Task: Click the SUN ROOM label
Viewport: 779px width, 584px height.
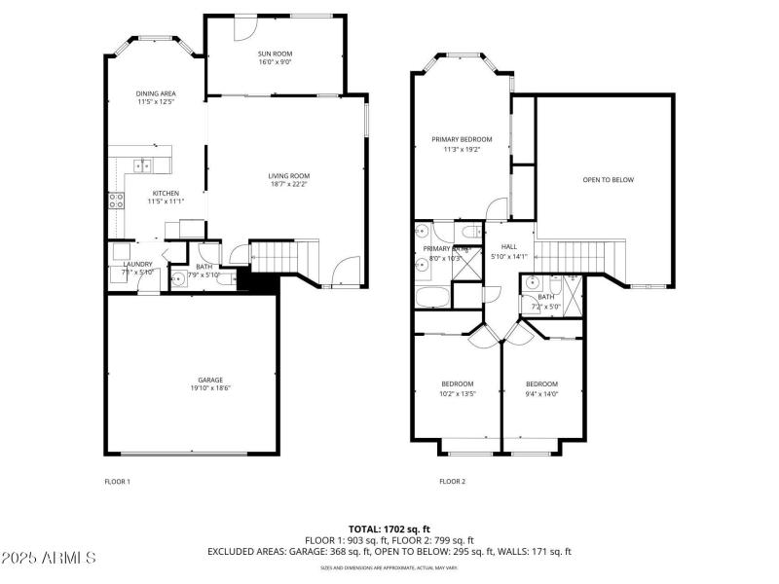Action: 275,54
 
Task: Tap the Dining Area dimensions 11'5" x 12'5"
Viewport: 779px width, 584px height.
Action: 156,102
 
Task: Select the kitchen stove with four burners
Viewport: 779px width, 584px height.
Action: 116,201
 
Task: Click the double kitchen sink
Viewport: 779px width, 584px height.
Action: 145,164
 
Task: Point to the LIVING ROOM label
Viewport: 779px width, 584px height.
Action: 289,176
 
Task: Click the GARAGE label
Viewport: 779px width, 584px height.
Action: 210,380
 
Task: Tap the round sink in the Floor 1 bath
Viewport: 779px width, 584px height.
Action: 178,280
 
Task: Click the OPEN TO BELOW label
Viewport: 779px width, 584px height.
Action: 608,180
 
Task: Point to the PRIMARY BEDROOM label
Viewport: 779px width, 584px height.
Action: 462,139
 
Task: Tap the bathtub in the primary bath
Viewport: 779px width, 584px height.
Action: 431,296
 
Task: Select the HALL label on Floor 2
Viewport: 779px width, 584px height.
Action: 508,247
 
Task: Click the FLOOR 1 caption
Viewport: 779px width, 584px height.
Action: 117,481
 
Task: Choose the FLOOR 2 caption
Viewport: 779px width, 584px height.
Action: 452,481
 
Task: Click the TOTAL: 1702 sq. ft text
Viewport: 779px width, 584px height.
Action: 389,529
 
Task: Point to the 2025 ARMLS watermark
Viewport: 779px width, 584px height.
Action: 49,559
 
